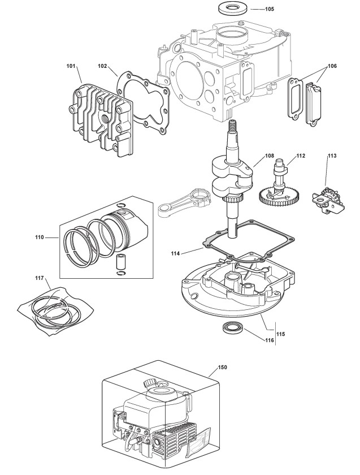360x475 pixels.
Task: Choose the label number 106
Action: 332,66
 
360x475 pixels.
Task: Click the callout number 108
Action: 269,154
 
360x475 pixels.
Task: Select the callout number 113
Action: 332,155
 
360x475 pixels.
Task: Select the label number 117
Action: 39,278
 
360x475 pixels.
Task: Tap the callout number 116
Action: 269,340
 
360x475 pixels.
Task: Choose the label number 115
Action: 281,334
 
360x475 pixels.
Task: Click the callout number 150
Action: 222,367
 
